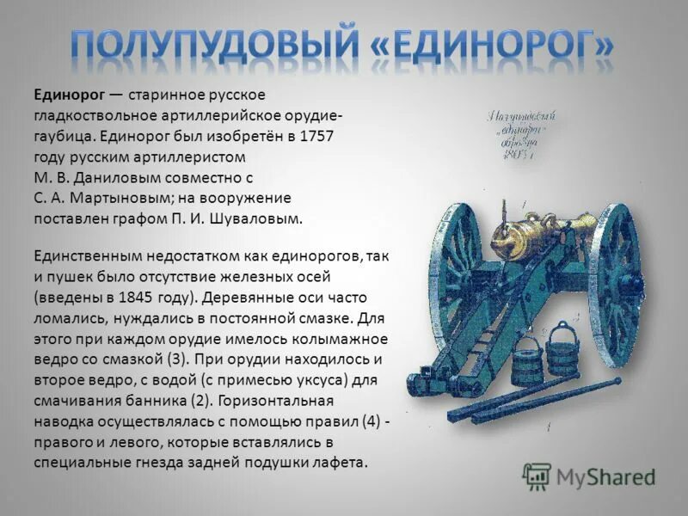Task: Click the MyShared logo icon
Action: click(x=537, y=475)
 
